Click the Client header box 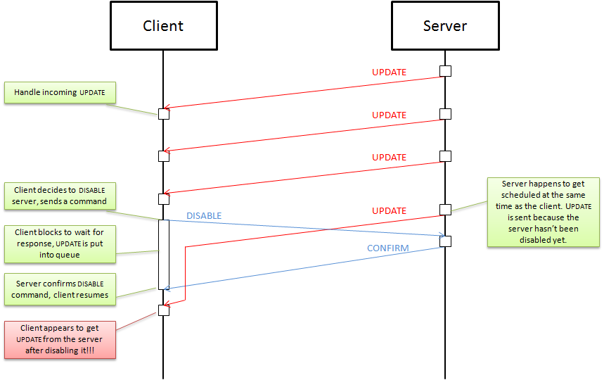[163, 26]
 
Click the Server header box [444, 26]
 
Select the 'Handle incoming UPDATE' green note [60, 93]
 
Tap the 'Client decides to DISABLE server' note [60, 196]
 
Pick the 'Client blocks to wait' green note [60, 242]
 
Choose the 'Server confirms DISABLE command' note [60, 289]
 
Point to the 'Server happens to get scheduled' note [544, 212]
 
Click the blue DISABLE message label [204, 215]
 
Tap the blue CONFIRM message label [388, 248]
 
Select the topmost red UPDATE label [389, 72]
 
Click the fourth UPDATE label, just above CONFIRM [389, 210]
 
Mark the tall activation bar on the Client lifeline [163, 254]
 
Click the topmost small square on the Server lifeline [445, 71]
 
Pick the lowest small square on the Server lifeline [445, 241]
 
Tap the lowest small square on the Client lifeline [163, 310]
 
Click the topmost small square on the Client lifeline [163, 114]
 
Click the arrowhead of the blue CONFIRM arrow [167, 288]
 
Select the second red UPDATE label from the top [389, 115]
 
